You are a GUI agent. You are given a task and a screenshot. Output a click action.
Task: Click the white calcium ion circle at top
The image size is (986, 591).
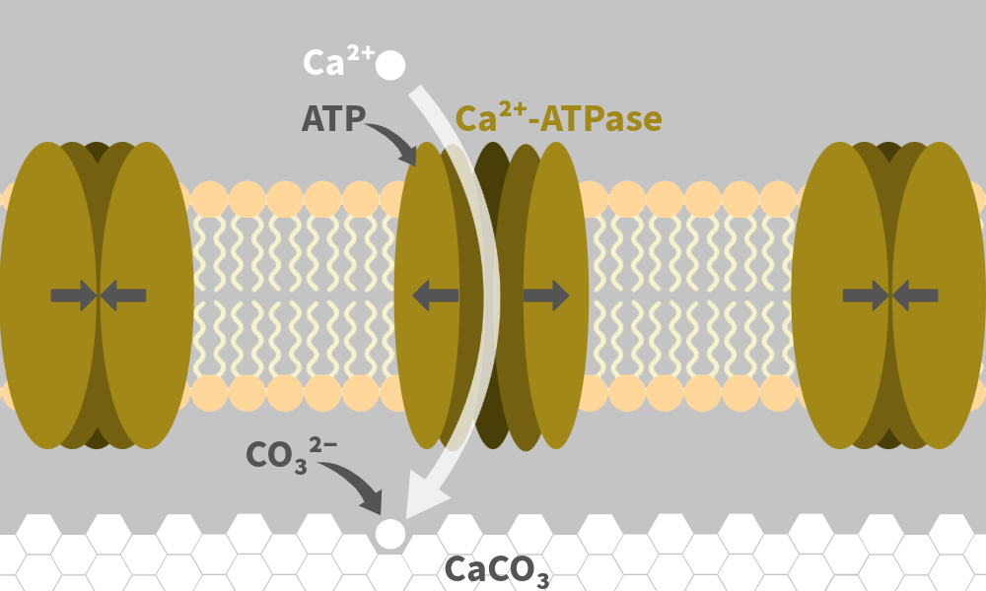pyautogui.click(x=390, y=65)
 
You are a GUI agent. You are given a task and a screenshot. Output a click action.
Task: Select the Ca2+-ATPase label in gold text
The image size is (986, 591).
pyautogui.click(x=558, y=119)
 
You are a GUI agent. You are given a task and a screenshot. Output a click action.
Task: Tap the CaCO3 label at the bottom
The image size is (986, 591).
pyautogui.click(x=497, y=569)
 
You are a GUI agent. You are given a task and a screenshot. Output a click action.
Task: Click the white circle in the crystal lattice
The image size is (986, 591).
pyautogui.click(x=390, y=534)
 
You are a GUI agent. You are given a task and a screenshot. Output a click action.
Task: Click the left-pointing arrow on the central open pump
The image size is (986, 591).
pyautogui.click(x=435, y=295)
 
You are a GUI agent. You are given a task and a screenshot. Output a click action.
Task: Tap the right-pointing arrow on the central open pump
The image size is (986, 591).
pyautogui.click(x=546, y=295)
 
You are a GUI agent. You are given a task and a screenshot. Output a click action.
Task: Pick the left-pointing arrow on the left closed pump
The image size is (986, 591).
pyautogui.click(x=123, y=295)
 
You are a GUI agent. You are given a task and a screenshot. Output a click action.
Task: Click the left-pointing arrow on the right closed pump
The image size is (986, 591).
pyautogui.click(x=915, y=295)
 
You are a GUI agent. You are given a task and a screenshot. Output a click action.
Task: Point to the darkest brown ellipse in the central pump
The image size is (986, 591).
pyautogui.click(x=490, y=295)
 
